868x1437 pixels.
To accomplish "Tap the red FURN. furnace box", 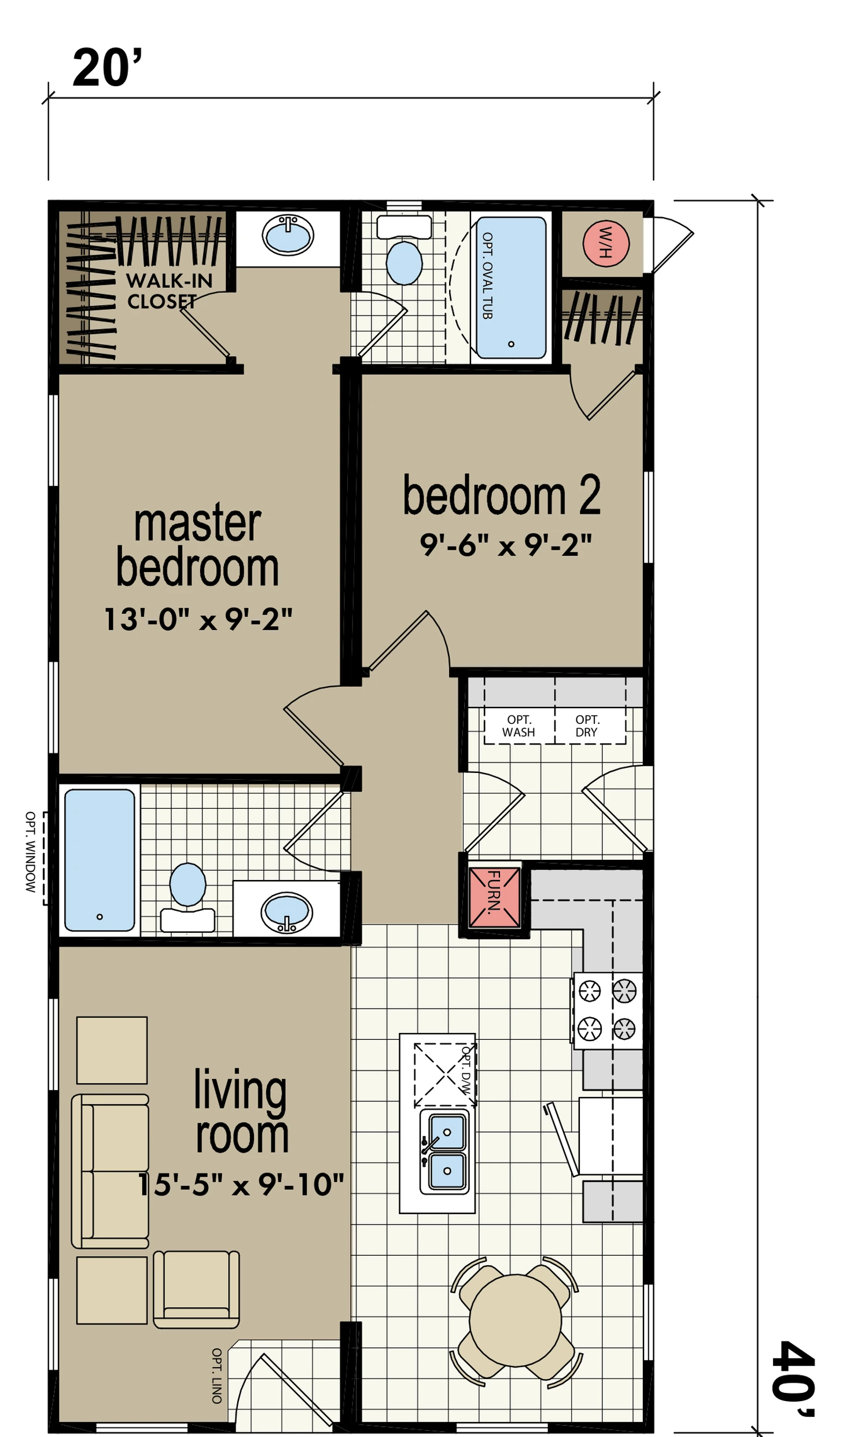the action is click(x=494, y=897).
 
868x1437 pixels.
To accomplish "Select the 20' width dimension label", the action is click(x=107, y=68).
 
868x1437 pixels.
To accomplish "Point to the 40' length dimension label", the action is click(x=792, y=1377).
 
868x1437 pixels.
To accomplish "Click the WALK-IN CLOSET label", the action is click(x=169, y=291).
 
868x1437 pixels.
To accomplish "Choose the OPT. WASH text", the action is click(x=518, y=725).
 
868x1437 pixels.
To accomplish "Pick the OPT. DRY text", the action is click(x=587, y=725).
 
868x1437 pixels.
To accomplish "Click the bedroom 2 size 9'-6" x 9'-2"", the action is click(x=505, y=545).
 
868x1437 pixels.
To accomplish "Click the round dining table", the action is click(x=515, y=1320).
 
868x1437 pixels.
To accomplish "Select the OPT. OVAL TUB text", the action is click(x=487, y=275).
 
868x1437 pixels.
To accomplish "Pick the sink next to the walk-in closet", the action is click(x=288, y=235).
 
